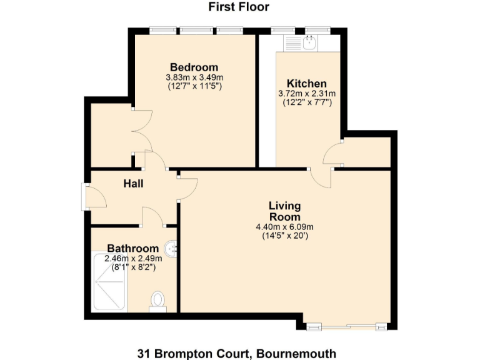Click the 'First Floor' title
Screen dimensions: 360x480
click(x=239, y=7)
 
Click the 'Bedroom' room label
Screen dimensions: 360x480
click(x=194, y=67)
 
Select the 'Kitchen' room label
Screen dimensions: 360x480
click(x=306, y=84)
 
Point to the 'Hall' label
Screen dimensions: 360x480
click(x=133, y=184)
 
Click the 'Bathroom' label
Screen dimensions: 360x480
click(x=132, y=248)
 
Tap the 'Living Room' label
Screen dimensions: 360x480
click(x=284, y=211)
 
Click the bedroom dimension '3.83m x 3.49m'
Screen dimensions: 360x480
click(x=194, y=77)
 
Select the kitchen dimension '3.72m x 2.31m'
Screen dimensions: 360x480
click(x=306, y=94)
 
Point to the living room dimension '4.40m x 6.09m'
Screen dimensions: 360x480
click(x=284, y=227)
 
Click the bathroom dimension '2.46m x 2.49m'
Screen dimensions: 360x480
click(x=133, y=258)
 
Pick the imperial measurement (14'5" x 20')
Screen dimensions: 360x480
click(x=284, y=236)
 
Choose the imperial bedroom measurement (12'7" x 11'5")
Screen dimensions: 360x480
click(x=194, y=86)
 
